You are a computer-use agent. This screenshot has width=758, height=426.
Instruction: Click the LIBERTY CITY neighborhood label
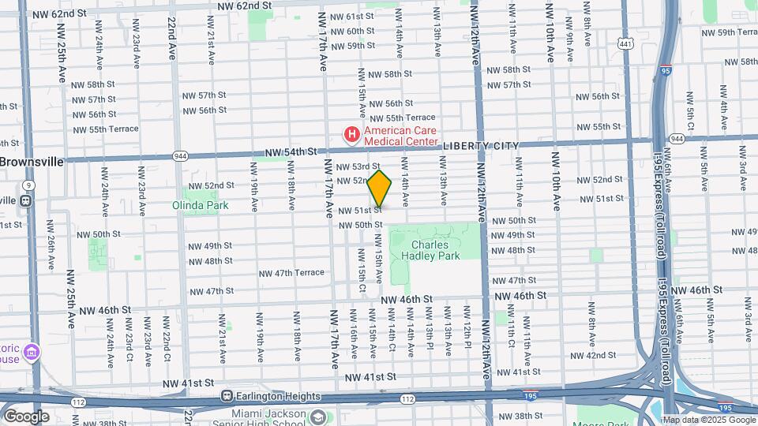481,146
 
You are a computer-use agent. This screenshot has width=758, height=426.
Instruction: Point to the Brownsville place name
31,161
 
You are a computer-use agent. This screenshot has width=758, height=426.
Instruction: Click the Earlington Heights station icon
227,396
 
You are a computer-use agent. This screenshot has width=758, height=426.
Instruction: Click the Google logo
26,417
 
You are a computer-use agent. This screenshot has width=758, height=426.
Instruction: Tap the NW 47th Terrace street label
291,273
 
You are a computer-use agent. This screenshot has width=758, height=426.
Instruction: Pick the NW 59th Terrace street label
730,32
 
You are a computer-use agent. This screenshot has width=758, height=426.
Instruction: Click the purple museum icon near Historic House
31,350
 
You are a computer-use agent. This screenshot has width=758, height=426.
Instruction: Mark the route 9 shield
28,185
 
